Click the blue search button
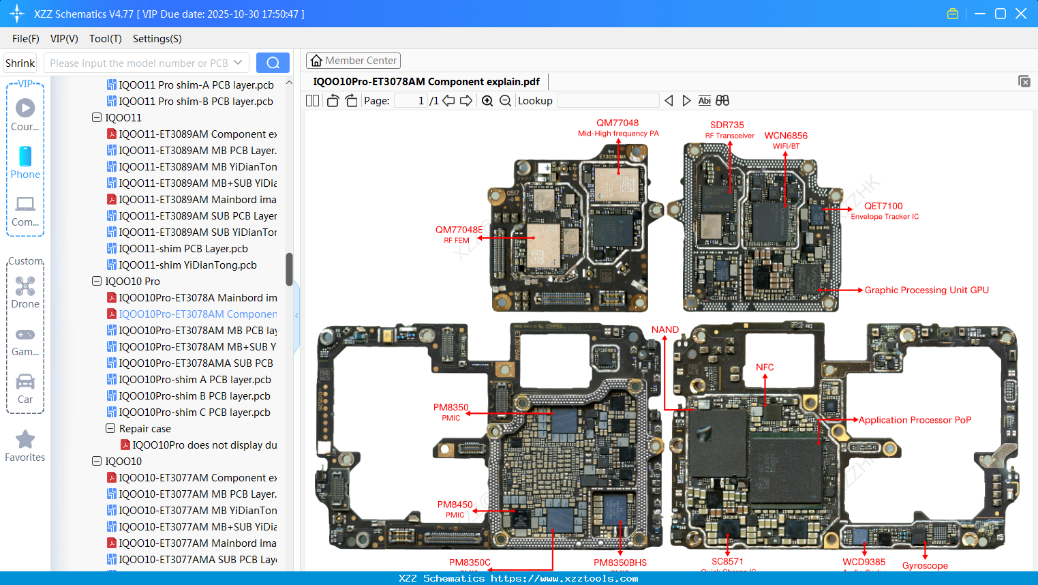(x=273, y=63)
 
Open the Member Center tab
(x=353, y=61)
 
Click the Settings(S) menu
(x=157, y=39)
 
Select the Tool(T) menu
(x=105, y=39)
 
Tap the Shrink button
(x=20, y=63)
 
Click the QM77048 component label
(x=617, y=123)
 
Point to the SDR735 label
(x=727, y=125)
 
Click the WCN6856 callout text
(x=786, y=136)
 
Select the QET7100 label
(x=883, y=206)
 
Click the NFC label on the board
(x=765, y=367)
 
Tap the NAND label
(x=665, y=329)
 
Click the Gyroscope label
(x=925, y=565)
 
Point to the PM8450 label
(x=455, y=505)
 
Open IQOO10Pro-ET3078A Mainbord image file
(x=198, y=298)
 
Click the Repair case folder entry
(x=144, y=429)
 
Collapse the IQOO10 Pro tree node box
(x=97, y=281)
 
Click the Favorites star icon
(x=25, y=440)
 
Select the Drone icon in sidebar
(x=25, y=286)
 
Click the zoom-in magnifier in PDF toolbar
(x=487, y=101)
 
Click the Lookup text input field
(x=608, y=101)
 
